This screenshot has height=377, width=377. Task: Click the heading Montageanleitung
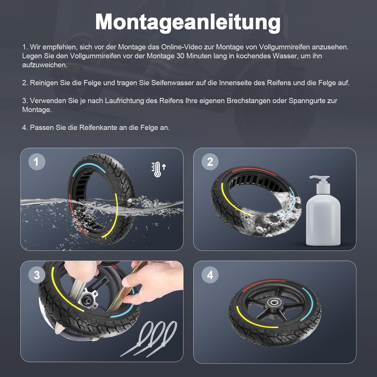click(188, 22)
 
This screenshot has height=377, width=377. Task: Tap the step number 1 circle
click(37, 162)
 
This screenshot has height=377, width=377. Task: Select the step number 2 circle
click(210, 162)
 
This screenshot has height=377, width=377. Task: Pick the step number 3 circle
click(37, 275)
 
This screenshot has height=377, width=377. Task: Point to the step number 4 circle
click(210, 275)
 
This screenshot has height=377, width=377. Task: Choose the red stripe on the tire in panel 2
click(254, 171)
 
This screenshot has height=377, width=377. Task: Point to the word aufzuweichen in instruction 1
click(45, 65)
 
